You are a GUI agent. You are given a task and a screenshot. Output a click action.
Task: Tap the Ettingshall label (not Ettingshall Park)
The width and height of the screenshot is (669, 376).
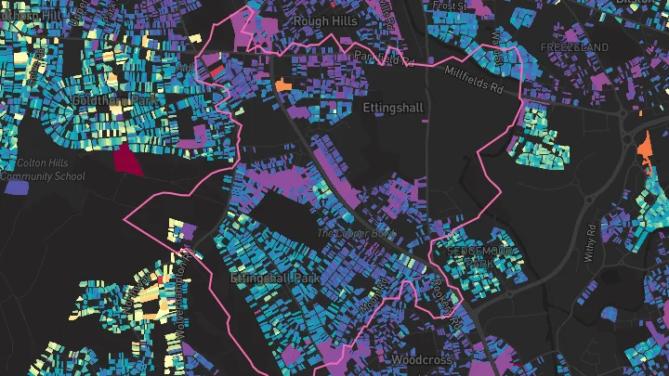click(x=392, y=109)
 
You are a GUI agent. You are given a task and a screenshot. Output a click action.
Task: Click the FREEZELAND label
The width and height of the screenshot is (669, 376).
click(x=574, y=47)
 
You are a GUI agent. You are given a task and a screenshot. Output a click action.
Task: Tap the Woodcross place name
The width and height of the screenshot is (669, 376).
click(x=421, y=359)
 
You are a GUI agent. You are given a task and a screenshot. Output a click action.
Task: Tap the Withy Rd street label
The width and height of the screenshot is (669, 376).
click(x=592, y=228)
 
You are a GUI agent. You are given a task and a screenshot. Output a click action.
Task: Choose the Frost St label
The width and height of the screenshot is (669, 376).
click(x=451, y=6)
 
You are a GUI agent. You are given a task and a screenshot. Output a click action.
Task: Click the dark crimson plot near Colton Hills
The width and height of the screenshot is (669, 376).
click(x=127, y=160)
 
